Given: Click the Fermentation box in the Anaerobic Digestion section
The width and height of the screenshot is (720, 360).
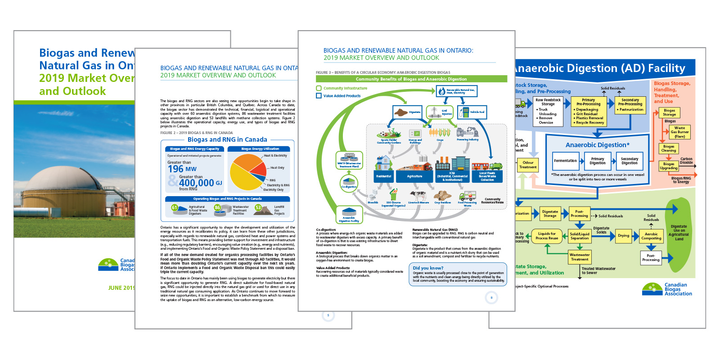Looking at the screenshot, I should point(565,161).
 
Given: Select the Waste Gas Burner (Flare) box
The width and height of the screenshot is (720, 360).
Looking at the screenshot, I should point(679,132).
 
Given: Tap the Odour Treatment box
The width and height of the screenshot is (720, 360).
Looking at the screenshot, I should point(528,165).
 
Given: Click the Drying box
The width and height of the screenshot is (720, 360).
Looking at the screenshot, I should point(623,236).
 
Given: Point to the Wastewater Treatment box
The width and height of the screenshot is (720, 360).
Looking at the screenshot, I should point(579,257).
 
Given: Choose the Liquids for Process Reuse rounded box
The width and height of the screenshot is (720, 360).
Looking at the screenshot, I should point(547,236).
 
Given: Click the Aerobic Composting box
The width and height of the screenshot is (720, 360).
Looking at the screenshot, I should point(651,236).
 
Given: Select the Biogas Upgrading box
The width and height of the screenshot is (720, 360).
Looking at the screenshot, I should point(669,166).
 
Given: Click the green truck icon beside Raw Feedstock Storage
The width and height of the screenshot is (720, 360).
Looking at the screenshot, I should point(520,104).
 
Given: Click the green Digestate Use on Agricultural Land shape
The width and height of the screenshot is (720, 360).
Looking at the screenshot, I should point(679,232).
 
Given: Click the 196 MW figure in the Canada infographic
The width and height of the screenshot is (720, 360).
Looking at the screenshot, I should point(182,169).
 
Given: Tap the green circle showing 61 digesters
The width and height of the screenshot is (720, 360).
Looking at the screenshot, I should point(175,207).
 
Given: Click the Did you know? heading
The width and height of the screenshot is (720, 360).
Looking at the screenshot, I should point(428,268).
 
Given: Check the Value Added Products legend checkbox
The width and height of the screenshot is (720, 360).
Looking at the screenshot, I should point(319,95).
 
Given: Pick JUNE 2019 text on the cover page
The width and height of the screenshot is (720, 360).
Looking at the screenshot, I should point(121,288).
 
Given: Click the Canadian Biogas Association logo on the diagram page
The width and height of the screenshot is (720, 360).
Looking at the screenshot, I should point(667,289).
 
